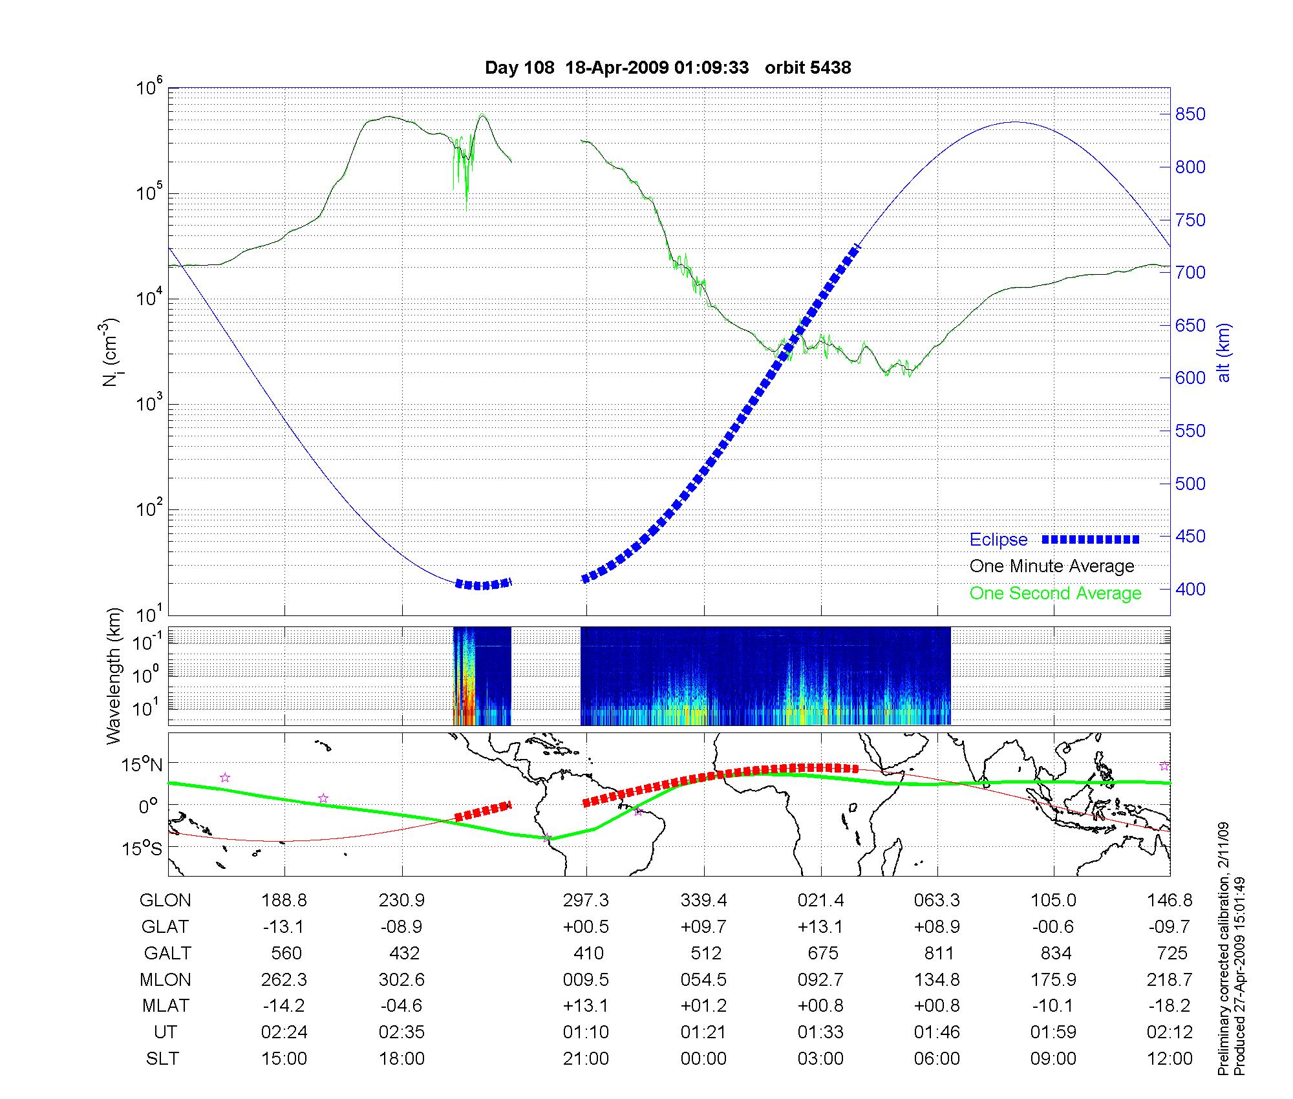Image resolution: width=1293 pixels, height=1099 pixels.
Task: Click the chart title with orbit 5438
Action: point(668,67)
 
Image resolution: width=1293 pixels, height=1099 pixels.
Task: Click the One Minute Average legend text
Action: point(1052,566)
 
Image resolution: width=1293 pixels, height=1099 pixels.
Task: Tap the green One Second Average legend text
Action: point(1055,593)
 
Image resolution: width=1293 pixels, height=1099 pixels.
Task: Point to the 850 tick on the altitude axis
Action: point(1191,114)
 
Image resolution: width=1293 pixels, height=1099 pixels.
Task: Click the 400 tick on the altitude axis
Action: point(1191,589)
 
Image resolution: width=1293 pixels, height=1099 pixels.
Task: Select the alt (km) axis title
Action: point(1224,352)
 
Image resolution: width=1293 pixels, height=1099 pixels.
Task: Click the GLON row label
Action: point(166,901)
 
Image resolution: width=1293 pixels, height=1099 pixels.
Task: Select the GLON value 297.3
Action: point(586,901)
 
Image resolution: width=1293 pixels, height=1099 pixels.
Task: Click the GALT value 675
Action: point(822,954)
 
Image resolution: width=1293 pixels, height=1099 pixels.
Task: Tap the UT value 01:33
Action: point(820,1032)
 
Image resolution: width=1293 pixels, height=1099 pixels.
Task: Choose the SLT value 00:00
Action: point(703,1059)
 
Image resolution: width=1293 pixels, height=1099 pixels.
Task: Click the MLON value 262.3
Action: point(284,980)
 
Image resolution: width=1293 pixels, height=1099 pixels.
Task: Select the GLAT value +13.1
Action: point(820,927)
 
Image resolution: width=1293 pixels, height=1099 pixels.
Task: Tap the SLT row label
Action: point(162,1059)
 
